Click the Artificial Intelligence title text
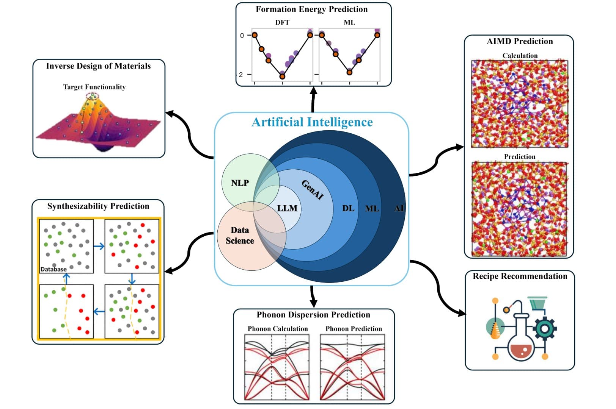(312, 122)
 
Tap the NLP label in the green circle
(240, 183)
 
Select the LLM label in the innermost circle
(287, 208)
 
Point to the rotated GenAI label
(313, 190)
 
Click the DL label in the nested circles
(348, 208)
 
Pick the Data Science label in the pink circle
(240, 235)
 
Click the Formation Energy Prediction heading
(311, 9)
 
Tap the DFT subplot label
(282, 22)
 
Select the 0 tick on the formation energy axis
(242, 36)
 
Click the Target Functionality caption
(94, 87)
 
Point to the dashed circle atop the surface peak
(92, 96)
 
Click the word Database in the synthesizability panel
(53, 269)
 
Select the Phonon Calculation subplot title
(278, 329)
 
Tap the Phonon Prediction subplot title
(354, 329)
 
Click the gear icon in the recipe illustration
(545, 328)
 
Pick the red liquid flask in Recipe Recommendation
(521, 347)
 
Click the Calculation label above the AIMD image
(520, 56)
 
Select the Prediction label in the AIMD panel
(519, 157)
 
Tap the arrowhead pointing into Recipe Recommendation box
(462, 313)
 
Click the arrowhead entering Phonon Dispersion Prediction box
(313, 304)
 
